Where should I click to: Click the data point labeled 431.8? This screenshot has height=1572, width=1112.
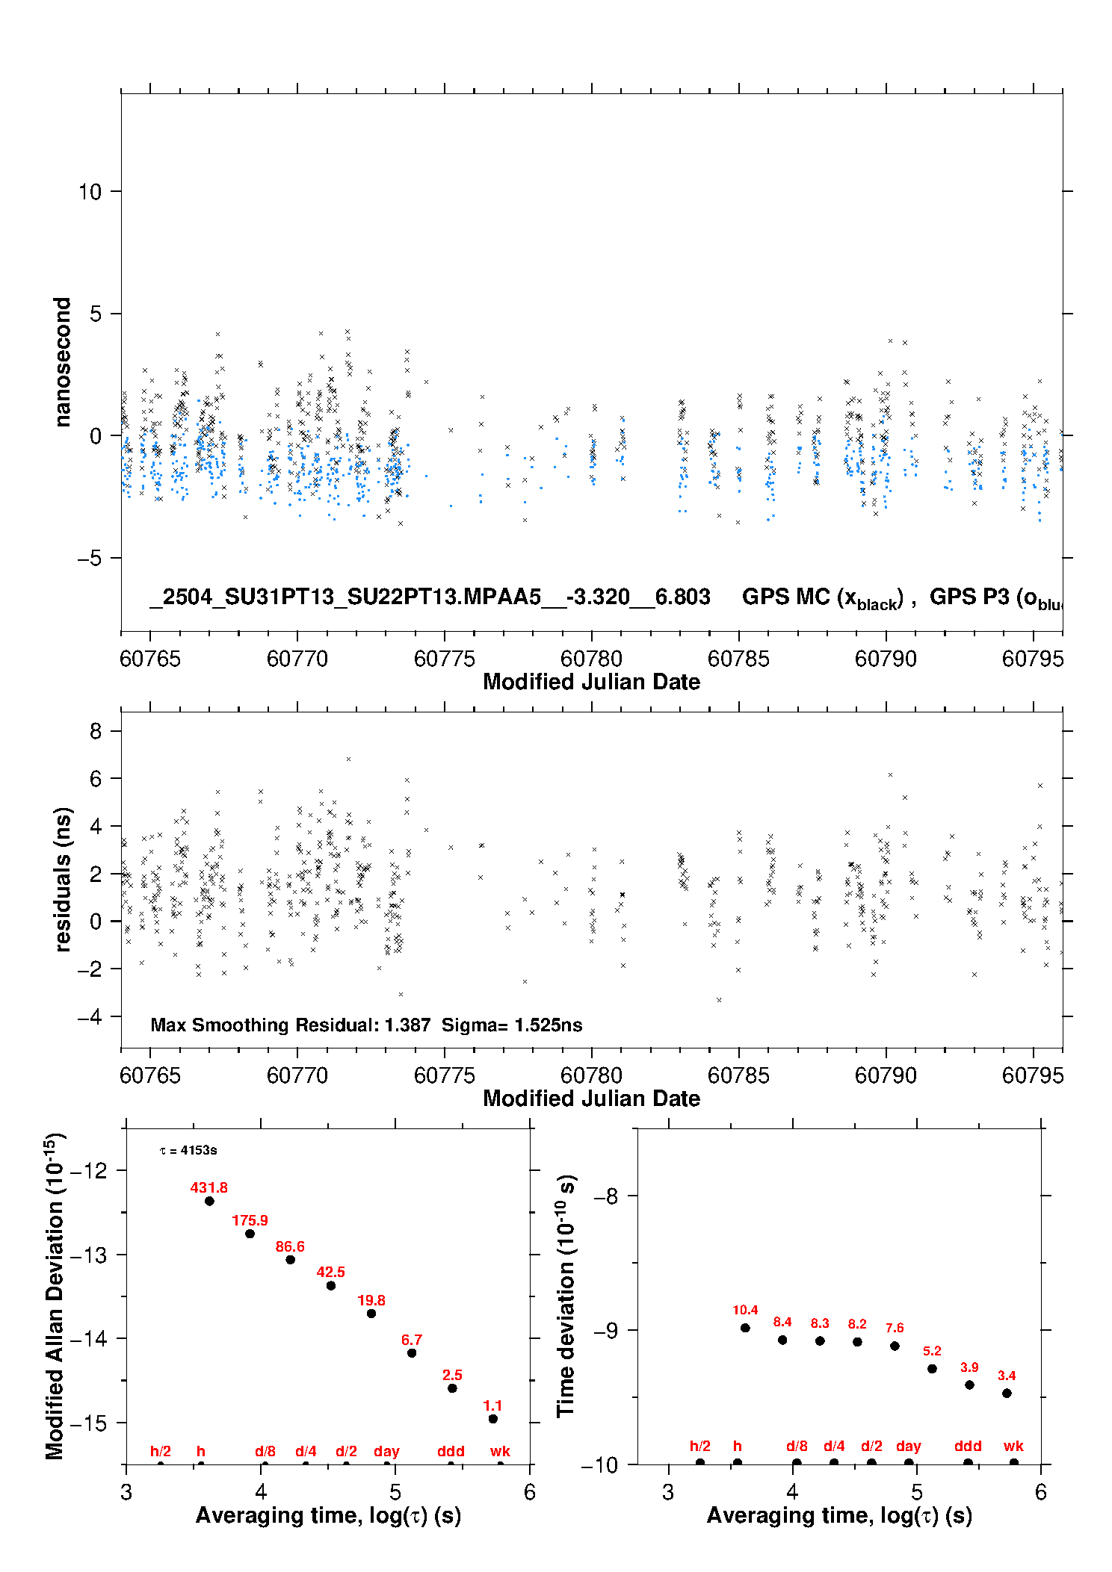(209, 1201)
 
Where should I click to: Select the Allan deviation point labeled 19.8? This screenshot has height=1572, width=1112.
(371, 1313)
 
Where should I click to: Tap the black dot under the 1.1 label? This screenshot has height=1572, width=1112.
(493, 1418)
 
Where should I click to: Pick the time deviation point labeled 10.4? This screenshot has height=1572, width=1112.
(745, 1327)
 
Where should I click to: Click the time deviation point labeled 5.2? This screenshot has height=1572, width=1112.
(932, 1368)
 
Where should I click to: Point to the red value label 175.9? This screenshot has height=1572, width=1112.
(250, 1220)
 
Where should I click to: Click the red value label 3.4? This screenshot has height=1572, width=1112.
(1007, 1375)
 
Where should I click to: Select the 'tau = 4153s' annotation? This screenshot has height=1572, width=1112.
(188, 1150)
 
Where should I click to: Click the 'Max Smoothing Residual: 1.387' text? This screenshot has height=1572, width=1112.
(291, 1025)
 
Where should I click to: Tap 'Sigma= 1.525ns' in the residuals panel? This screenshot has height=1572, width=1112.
(512, 1025)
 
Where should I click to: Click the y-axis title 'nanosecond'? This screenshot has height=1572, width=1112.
(62, 362)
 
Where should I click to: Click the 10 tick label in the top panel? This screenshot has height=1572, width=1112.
(90, 192)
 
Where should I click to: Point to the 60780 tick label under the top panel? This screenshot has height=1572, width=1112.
(591, 659)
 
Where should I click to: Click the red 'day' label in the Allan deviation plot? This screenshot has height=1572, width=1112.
(386, 1451)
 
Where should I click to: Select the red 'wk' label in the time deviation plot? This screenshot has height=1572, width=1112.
(1013, 1446)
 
